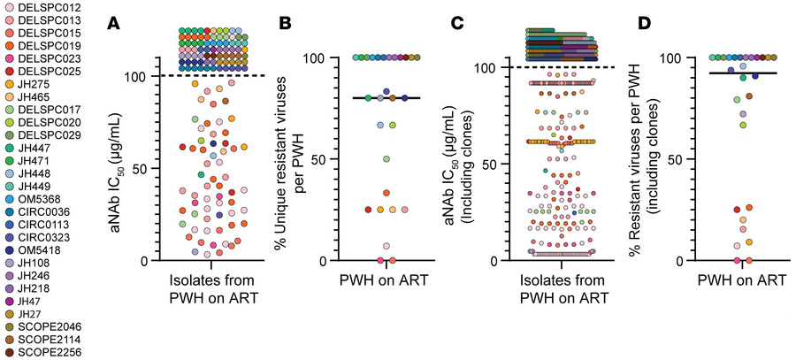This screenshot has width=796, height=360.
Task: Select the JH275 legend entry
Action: coord(33,82)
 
